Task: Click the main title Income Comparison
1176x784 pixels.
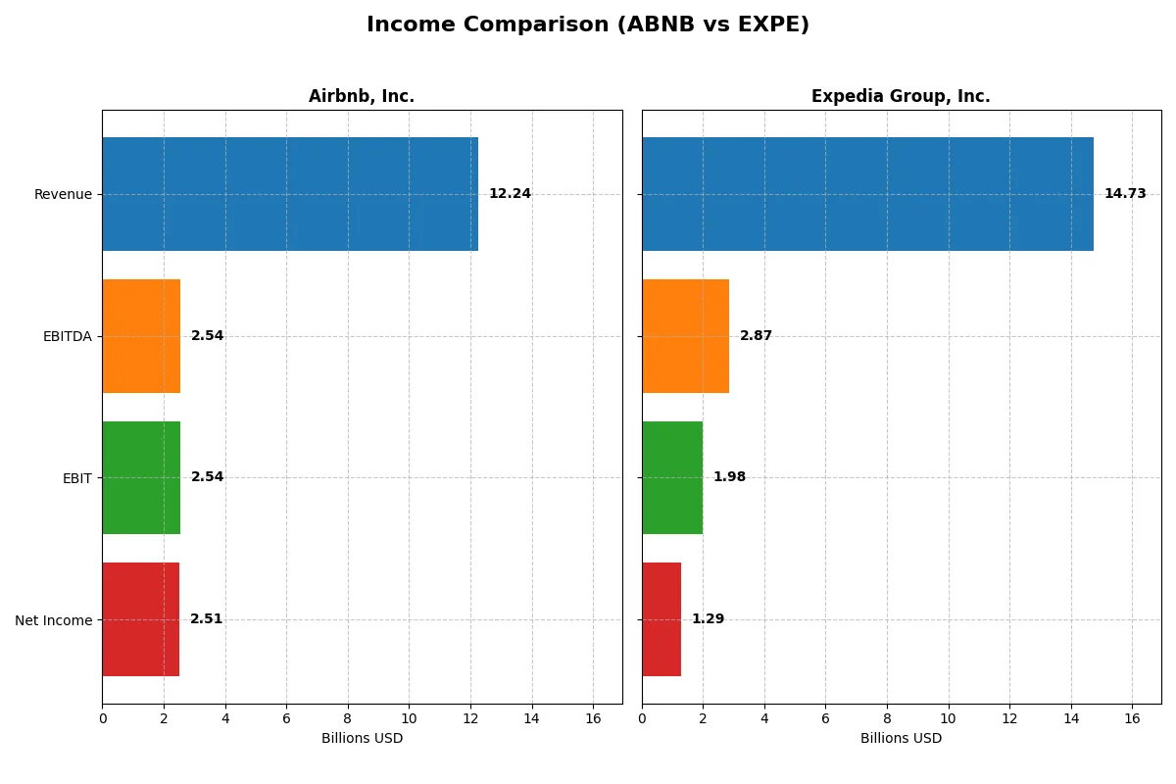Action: point(588,25)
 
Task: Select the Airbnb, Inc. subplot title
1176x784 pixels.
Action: point(362,96)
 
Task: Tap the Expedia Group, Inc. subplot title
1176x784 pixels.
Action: point(901,96)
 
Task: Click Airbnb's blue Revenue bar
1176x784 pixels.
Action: point(290,194)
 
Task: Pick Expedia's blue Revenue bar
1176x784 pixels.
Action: point(867,194)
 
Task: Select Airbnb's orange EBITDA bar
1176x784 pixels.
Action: point(141,336)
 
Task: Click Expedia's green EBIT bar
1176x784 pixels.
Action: point(672,477)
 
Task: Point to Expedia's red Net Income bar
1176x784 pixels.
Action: point(661,619)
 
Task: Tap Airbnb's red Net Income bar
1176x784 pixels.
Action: point(140,619)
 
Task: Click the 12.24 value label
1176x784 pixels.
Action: point(510,194)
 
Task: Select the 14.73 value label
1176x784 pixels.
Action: point(1125,194)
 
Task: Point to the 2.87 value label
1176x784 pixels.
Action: point(756,336)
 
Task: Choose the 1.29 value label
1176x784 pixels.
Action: point(708,619)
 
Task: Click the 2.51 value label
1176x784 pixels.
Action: point(206,619)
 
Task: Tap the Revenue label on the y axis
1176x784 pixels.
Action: point(63,194)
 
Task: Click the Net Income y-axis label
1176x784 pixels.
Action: point(54,620)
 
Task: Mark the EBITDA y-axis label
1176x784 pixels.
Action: point(68,336)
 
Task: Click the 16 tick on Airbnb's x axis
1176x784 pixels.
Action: point(593,718)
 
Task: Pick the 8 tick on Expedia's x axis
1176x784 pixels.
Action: point(887,718)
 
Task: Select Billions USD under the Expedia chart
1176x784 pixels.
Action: point(901,739)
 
